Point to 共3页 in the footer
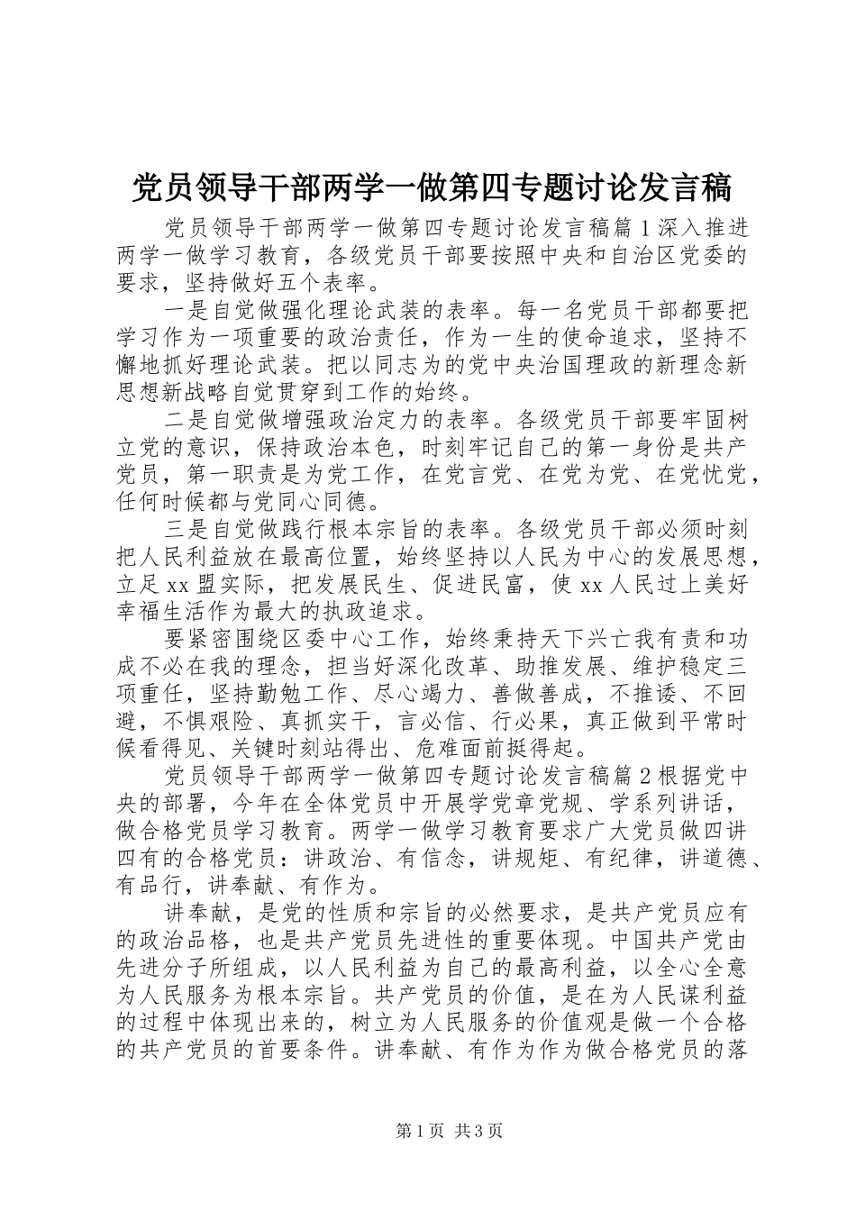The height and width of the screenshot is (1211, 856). point(478,1131)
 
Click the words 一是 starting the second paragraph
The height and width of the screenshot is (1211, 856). point(187,311)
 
